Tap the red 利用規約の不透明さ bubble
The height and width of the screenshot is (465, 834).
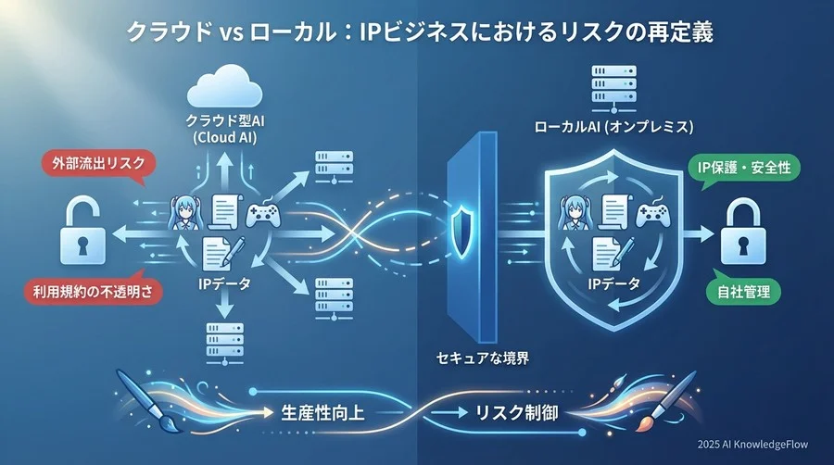tap(92, 293)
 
